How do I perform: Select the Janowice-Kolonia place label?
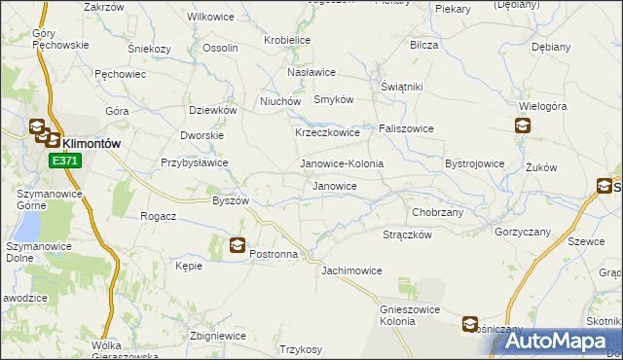click(341, 163)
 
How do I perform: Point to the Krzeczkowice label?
click(327, 132)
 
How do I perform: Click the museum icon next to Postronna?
click(237, 246)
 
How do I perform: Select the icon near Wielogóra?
click(523, 125)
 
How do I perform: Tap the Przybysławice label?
click(195, 163)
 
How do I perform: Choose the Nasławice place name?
click(311, 72)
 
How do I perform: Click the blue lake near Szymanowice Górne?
click(26, 226)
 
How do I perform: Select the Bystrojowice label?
click(474, 163)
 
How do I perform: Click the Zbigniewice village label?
click(218, 336)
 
